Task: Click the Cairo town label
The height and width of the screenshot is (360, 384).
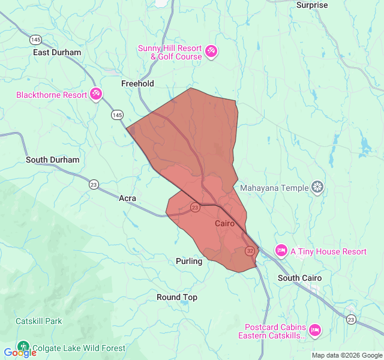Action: [x=224, y=223]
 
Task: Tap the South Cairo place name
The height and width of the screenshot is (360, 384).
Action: [x=299, y=278]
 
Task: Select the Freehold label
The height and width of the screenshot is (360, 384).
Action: [x=137, y=83]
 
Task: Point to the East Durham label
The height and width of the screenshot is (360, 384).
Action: [x=57, y=52]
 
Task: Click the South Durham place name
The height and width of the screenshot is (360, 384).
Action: [x=52, y=160]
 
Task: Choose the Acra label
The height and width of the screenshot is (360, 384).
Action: [x=127, y=198]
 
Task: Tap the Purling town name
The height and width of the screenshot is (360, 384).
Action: [x=189, y=261]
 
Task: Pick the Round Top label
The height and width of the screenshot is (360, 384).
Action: [x=176, y=297]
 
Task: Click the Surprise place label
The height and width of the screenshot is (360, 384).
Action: [x=312, y=5]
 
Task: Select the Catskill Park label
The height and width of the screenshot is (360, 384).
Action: [x=39, y=321]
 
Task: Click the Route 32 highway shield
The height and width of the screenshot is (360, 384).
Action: [x=249, y=251]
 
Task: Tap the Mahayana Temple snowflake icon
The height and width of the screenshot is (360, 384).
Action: [x=317, y=188]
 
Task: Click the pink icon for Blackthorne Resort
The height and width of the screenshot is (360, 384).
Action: [x=96, y=94]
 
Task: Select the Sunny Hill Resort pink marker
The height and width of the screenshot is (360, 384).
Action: [x=211, y=52]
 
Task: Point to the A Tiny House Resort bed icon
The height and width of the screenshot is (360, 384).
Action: [x=281, y=250]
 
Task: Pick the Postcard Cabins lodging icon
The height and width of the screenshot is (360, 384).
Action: [x=314, y=330]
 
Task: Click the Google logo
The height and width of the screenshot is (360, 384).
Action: [x=20, y=353]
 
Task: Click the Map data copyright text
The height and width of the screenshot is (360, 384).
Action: [x=346, y=355]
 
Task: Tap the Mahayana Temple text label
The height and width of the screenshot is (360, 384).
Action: [x=274, y=188]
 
